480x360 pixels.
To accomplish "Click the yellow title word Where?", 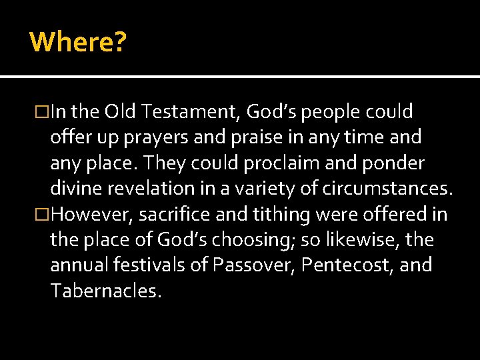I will click(x=78, y=42).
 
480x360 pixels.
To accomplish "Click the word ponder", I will click(x=393, y=163).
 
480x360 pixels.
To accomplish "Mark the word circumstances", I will click(x=387, y=189).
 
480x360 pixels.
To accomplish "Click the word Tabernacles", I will click(x=105, y=290).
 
